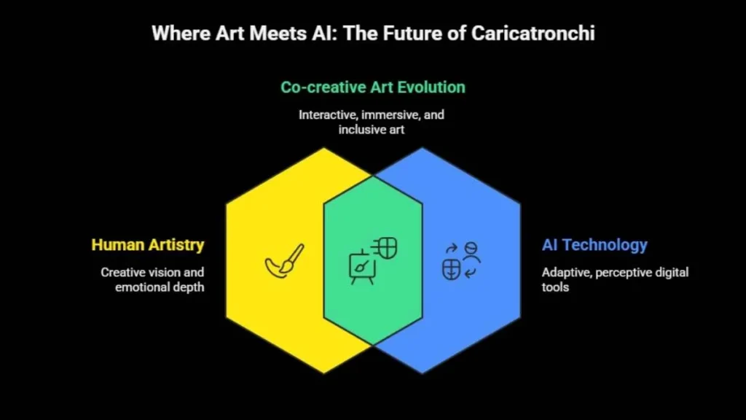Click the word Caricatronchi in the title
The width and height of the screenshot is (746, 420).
click(x=533, y=34)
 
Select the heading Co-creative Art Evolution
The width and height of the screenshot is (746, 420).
click(x=373, y=87)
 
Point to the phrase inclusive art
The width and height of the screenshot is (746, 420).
click(x=372, y=130)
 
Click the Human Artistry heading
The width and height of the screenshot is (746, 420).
click(x=148, y=245)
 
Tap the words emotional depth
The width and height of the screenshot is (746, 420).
click(x=160, y=287)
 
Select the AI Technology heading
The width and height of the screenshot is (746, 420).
click(x=594, y=245)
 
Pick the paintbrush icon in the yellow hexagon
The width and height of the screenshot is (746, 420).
click(x=285, y=261)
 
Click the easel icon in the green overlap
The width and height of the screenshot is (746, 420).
click(x=362, y=267)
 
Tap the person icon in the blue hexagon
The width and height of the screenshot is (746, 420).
click(x=471, y=252)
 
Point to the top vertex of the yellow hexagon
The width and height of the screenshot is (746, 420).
click(x=324, y=148)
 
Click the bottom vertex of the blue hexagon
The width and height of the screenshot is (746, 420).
click(x=422, y=373)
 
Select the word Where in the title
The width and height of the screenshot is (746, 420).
click(x=181, y=34)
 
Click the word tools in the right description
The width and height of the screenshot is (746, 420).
click(x=555, y=287)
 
